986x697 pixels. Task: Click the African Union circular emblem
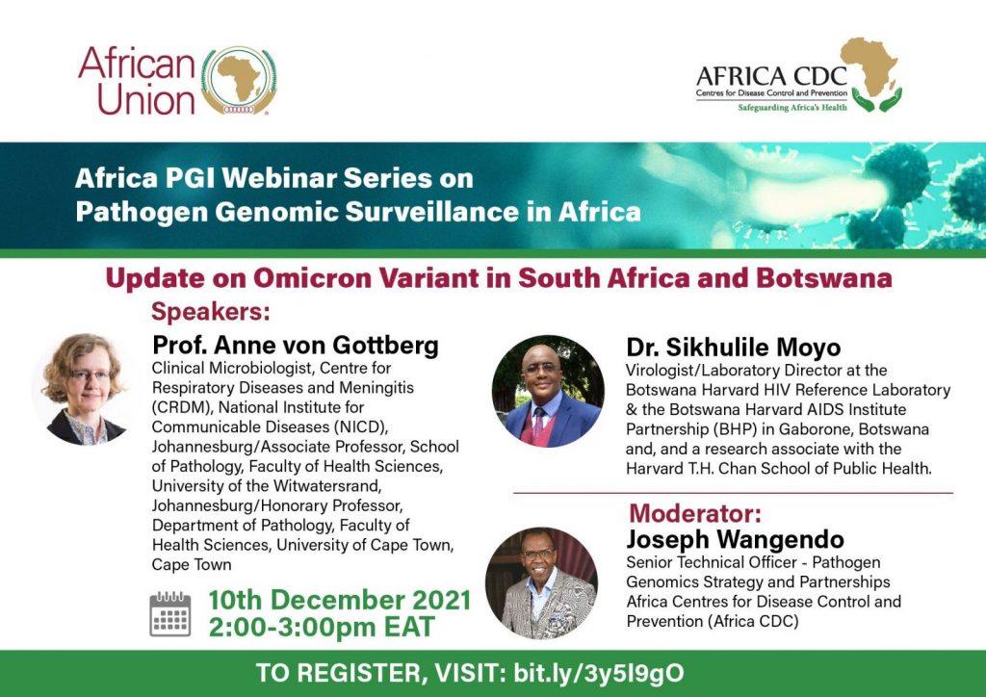tap(239, 81)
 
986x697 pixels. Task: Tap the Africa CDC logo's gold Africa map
tap(869, 66)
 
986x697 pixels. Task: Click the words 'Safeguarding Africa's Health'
tap(792, 108)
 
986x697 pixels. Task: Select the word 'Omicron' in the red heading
tap(312, 278)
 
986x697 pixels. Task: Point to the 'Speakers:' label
tap(211, 312)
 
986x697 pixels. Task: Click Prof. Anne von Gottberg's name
tap(296, 345)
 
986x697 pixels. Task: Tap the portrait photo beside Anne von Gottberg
tap(84, 389)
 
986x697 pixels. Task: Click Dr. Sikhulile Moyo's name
tap(733, 347)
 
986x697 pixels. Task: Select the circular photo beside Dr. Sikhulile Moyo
tap(548, 391)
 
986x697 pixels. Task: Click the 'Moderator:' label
tap(695, 513)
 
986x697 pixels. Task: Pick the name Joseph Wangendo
tap(735, 539)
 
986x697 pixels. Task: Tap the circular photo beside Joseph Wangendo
tap(541, 582)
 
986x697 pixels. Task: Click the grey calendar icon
tap(170, 614)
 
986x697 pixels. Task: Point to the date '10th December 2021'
tap(340, 600)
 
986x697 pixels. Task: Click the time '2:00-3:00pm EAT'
tap(322, 628)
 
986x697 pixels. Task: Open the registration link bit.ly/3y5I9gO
tap(599, 673)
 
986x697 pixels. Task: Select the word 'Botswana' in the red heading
tap(824, 278)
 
